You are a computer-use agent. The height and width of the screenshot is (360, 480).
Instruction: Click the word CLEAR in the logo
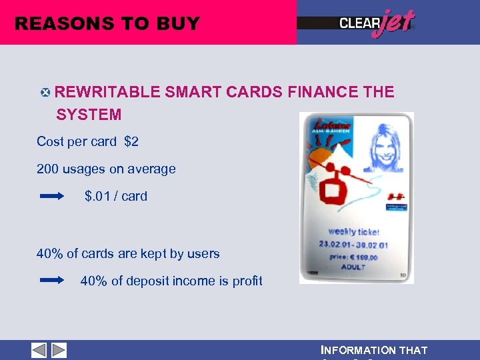coord(359,23)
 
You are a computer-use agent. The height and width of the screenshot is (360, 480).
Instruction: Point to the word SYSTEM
coord(89,115)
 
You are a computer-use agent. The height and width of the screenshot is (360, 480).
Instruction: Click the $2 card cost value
coord(131,141)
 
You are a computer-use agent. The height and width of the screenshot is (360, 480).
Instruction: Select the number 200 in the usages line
coord(48,169)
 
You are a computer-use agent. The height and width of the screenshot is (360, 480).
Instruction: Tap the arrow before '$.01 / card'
coord(51,197)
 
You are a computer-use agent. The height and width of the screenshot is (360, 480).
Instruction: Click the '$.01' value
coord(99,196)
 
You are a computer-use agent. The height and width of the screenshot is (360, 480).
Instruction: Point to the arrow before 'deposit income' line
coord(51,281)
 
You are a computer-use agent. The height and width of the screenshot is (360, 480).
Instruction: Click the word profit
coord(247,281)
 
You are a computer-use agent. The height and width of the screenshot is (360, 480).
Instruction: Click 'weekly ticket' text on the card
coord(353,231)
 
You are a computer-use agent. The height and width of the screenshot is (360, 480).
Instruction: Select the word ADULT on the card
coord(353,267)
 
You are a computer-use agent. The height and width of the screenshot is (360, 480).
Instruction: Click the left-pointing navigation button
coord(39,350)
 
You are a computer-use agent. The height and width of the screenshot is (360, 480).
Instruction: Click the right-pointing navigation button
coord(59,350)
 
